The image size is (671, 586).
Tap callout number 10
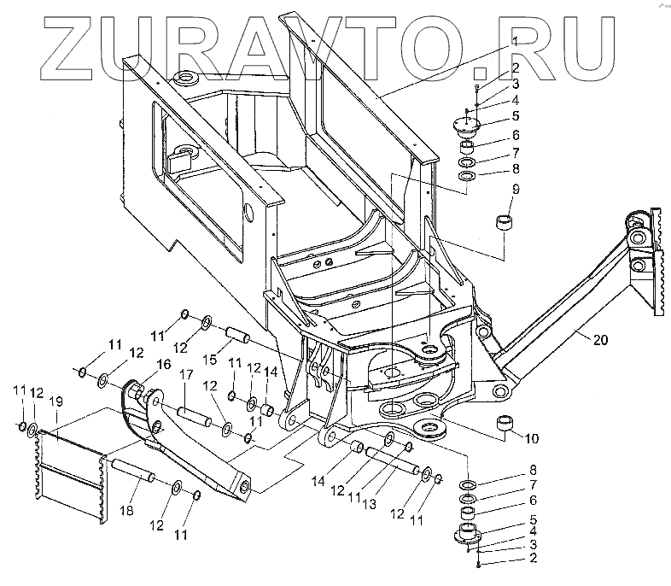531,439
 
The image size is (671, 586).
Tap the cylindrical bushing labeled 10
507,425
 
